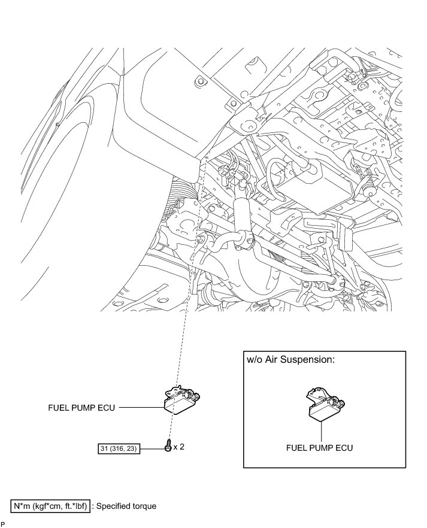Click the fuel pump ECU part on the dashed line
[180, 399]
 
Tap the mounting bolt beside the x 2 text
[168, 446]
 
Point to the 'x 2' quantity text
[179, 447]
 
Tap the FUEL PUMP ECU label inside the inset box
[320, 447]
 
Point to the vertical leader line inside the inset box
[320, 430]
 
